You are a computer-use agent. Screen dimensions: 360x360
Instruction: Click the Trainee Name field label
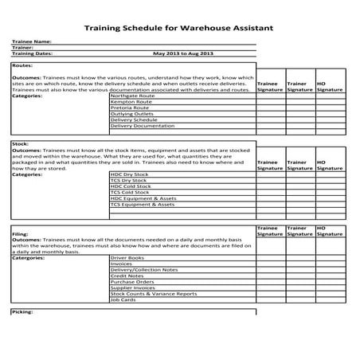pos(32,41)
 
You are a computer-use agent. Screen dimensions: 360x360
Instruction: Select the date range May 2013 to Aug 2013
pos(183,53)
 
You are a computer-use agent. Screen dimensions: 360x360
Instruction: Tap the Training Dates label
pos(33,53)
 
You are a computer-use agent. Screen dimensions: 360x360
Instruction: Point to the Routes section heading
pos(22,66)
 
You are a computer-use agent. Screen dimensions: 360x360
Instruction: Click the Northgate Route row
pos(132,96)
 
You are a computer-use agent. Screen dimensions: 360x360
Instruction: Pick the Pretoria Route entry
pos(130,108)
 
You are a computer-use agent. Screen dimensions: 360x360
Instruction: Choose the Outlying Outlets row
pos(131,114)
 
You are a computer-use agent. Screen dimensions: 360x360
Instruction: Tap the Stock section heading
pos(21,144)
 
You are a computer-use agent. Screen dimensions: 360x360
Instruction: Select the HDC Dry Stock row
pos(130,174)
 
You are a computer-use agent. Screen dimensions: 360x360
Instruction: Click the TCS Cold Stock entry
pos(130,192)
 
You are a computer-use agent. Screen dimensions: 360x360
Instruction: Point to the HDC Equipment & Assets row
pos(143,198)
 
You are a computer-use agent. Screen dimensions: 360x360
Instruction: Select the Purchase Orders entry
pos(131,282)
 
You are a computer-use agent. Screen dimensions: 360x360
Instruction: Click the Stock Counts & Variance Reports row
pos(153,294)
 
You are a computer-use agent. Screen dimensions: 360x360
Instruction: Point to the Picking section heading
pos(22,311)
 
